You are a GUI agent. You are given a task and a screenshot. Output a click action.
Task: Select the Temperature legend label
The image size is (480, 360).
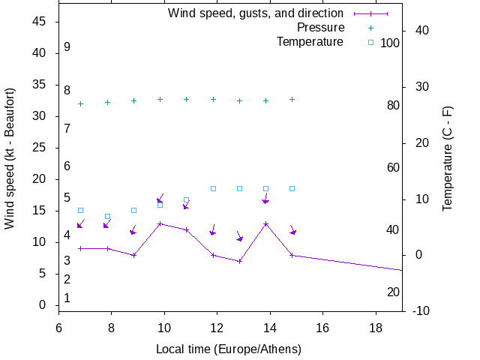310,42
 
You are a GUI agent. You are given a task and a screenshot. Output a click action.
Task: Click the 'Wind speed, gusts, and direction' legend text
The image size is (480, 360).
256,13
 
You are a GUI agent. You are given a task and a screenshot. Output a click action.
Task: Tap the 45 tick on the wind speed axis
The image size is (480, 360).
40,22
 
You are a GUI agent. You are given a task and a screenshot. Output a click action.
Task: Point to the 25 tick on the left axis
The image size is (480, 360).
40,148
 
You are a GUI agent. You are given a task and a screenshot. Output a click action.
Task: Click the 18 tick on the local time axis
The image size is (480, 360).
376,327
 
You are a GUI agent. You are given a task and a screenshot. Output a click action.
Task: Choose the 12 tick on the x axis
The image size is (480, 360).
217,327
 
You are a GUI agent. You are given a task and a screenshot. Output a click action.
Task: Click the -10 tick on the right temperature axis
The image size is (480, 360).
421,310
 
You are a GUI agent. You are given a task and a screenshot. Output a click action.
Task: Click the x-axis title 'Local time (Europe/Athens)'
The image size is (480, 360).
229,349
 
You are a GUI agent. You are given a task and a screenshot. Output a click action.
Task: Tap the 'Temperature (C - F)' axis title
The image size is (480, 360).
448,158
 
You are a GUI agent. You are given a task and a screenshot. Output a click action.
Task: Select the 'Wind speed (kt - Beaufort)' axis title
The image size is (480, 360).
10,158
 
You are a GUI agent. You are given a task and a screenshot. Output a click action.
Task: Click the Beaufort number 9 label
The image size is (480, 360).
67,47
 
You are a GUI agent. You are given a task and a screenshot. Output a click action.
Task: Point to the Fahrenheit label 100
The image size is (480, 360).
390,43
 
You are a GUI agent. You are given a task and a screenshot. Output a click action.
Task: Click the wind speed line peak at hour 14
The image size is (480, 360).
265,223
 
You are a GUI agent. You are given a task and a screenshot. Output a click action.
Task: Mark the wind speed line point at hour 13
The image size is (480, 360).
239,261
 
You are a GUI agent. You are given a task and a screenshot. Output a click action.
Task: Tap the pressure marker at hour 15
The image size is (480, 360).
292,99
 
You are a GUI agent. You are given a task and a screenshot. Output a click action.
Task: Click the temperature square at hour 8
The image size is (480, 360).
107,217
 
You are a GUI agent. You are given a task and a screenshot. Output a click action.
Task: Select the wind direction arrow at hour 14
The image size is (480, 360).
265,199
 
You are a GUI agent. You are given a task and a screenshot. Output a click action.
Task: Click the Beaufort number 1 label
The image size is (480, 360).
67,298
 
